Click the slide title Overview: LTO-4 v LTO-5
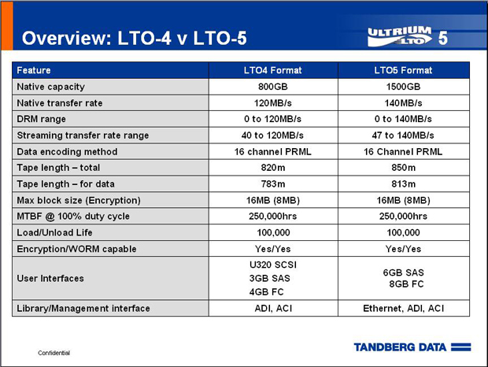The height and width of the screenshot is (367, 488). tap(134, 39)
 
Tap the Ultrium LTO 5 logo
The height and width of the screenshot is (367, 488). tap(408, 36)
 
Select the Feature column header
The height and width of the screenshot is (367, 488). tap(34, 70)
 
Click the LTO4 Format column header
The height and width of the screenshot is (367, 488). tap(273, 70)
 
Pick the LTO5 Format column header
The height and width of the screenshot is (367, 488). tap(403, 70)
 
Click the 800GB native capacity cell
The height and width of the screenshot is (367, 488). tap(273, 87)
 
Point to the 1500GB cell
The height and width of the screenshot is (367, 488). tap(403, 87)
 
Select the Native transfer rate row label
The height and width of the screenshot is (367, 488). tap(60, 103)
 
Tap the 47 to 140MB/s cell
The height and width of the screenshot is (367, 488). tap(403, 135)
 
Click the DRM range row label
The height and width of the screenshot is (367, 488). tap(42, 119)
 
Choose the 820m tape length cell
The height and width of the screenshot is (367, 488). tap(273, 168)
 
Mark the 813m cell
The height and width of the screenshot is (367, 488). tap(403, 184)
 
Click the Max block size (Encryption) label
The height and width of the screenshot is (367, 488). tap(79, 200)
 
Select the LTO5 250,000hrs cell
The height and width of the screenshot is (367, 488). tap(403, 217)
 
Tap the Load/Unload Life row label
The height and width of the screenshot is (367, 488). tap(54, 232)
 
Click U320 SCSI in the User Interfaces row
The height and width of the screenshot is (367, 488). tap(273, 265)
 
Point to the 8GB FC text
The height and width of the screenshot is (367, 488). tap(406, 284)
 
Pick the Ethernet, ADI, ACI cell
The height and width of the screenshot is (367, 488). tap(403, 308)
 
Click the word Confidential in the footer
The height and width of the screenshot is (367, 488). tap(54, 353)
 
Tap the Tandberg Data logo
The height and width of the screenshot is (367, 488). tap(412, 347)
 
